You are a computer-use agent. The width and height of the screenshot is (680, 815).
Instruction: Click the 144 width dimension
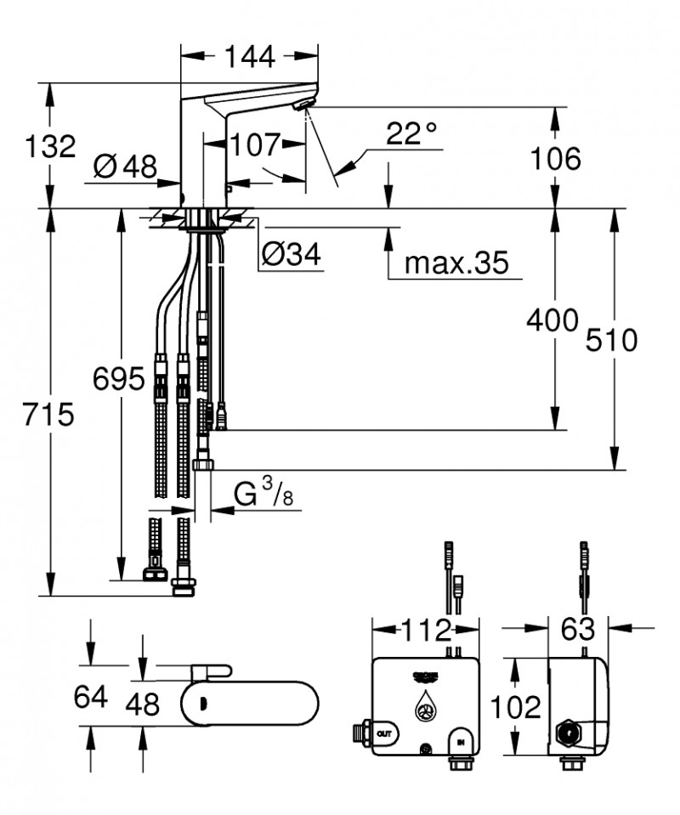click(250, 57)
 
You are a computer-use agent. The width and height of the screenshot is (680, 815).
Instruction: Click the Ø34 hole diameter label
click(292, 253)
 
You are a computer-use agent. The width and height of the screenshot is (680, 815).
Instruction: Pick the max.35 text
click(456, 263)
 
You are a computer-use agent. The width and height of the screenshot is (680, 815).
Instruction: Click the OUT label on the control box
click(384, 732)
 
